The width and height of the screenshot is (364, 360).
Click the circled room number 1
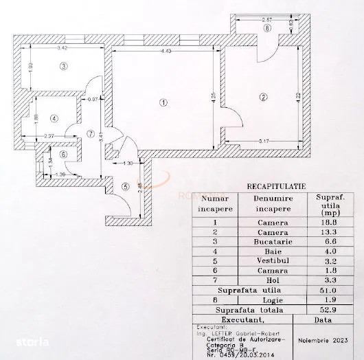(163, 103)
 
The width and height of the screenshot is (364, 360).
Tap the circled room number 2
(263, 98)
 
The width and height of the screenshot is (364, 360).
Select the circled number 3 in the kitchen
(63, 67)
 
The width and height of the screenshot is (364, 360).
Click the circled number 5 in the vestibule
(124, 185)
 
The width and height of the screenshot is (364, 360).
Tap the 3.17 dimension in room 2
(259, 142)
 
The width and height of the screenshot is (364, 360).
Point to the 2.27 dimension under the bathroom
(48, 135)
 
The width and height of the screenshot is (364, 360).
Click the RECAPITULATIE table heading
(275, 186)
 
